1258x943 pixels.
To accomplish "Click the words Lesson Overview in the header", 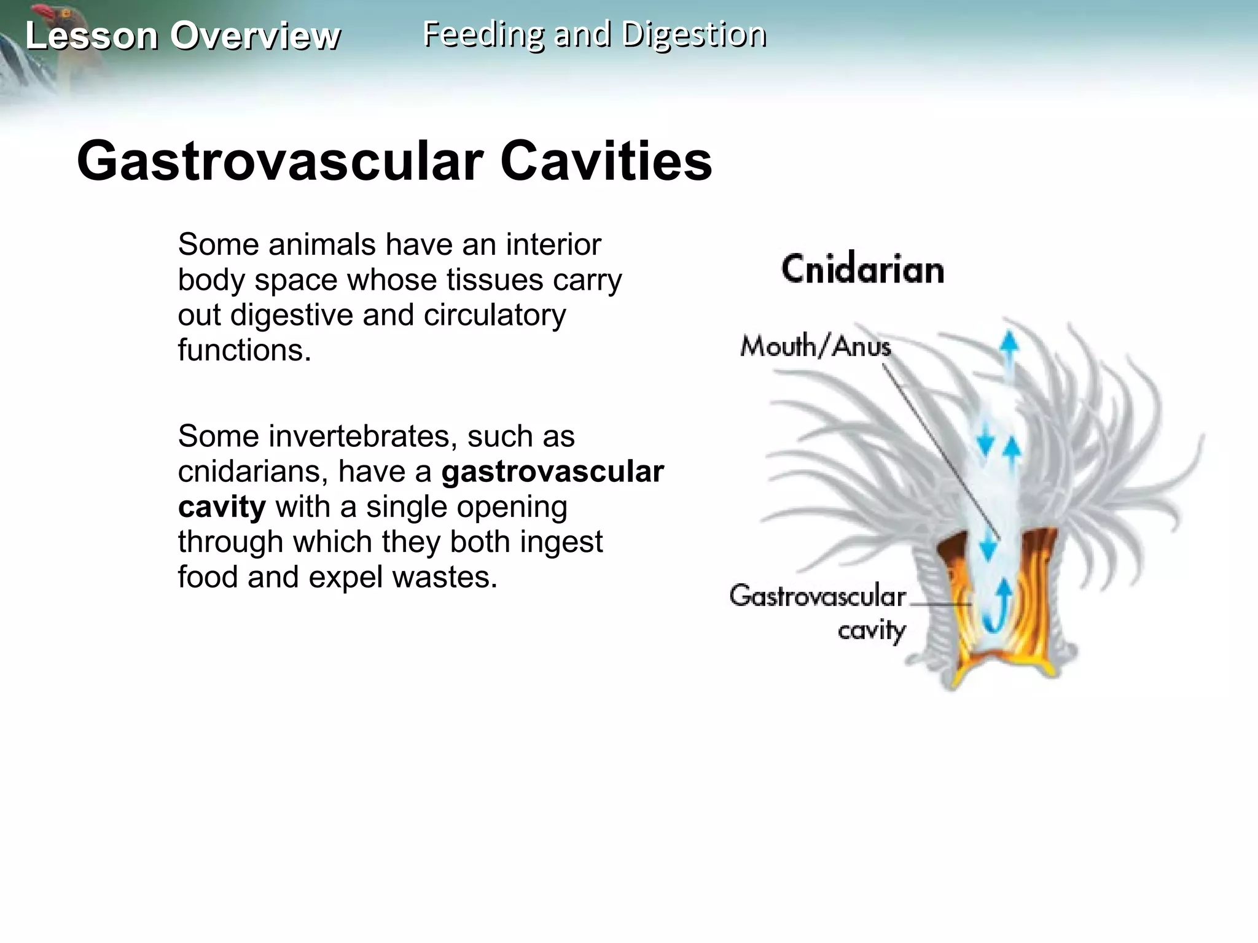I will point(182,36).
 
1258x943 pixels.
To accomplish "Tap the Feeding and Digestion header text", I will point(594,34).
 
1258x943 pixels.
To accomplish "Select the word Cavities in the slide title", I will point(606,161).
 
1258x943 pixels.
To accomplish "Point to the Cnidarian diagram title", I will point(862,270).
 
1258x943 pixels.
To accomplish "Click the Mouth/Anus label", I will point(815,346).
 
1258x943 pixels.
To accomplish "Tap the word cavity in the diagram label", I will point(872,631).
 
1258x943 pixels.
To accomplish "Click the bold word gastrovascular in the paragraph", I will point(552,471).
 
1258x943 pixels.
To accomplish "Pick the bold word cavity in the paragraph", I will point(222,507).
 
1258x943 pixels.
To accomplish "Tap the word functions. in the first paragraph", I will point(244,351).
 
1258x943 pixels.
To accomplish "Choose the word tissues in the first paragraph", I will point(494,280).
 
